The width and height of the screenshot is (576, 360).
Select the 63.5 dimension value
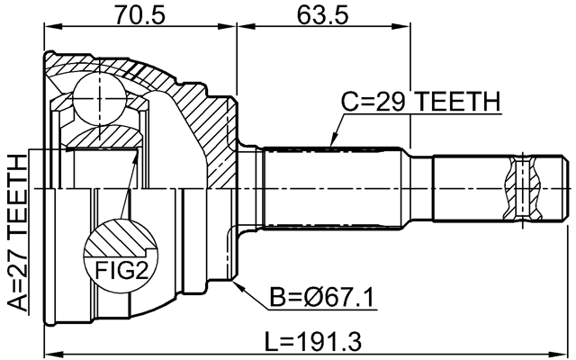(321, 14)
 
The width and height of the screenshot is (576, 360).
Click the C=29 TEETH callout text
(418, 103)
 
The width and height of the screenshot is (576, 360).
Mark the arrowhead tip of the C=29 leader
(330, 147)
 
